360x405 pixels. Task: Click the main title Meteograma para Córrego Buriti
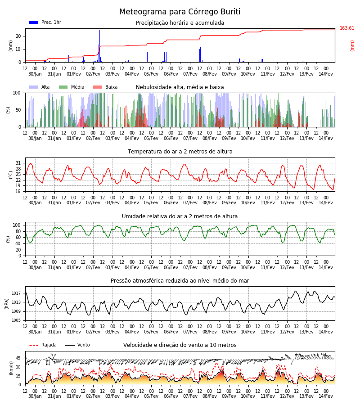click(x=180, y=12)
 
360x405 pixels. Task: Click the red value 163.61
click(x=347, y=28)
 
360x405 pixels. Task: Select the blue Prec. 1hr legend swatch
click(x=34, y=22)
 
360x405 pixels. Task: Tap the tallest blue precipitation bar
click(x=100, y=46)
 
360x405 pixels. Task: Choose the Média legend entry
click(x=72, y=87)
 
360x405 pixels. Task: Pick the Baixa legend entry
click(x=105, y=87)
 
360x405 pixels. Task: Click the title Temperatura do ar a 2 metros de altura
click(x=180, y=152)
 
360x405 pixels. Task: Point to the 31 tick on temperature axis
click(x=18, y=163)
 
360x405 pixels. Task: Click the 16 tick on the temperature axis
click(x=18, y=191)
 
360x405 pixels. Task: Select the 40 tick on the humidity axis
click(x=18, y=243)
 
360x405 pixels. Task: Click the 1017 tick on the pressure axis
click(x=16, y=293)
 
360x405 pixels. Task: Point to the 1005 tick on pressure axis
click(x=16, y=320)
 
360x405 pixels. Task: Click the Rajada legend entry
click(x=43, y=345)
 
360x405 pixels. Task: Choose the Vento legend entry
click(x=77, y=345)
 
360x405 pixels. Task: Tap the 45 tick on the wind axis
click(x=18, y=358)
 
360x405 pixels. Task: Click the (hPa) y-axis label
click(x=7, y=304)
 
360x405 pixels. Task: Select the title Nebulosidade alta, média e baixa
click(x=180, y=87)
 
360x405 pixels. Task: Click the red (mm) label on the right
click(x=352, y=46)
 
